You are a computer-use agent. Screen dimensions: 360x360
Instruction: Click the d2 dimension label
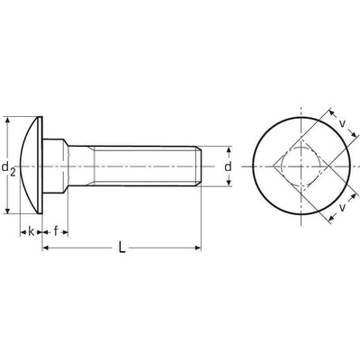point(8,168)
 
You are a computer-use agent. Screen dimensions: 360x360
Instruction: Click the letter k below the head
point(31,231)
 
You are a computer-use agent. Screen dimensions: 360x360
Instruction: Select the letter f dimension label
point(56,231)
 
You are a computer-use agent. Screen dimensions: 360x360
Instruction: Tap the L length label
point(121,247)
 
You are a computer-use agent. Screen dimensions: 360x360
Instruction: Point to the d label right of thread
point(229,166)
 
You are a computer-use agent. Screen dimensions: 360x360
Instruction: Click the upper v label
point(343,123)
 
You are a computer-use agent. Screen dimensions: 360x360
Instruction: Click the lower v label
point(342,207)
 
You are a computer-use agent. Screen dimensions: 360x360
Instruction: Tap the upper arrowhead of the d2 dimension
point(8,120)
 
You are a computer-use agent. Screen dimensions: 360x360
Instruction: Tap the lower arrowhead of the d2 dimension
point(8,211)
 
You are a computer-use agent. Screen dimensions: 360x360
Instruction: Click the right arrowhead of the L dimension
point(198,247)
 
